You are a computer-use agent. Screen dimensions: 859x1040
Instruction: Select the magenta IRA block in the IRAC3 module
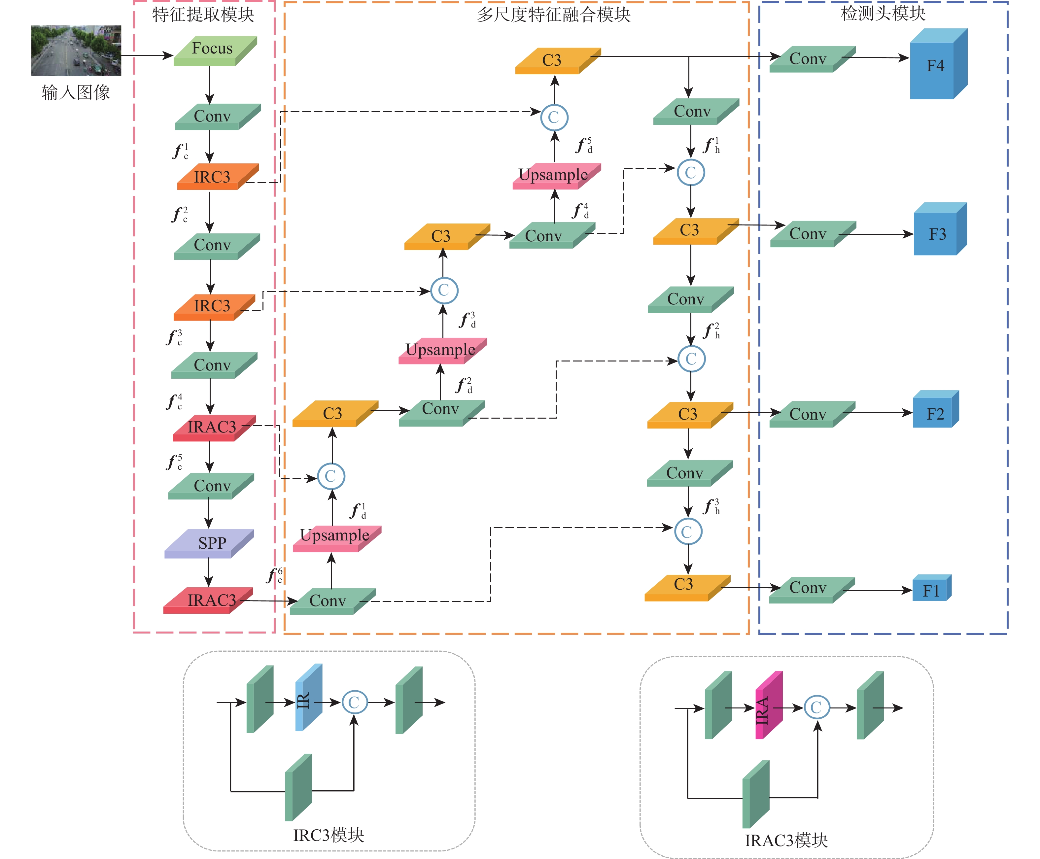(768, 706)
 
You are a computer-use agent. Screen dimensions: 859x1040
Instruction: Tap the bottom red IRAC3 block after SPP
(209, 600)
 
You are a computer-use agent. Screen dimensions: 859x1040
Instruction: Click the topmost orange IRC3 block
(217, 177)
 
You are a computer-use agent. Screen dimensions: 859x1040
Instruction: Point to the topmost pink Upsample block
(555, 176)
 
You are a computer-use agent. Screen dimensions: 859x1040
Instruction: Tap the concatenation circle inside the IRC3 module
(354, 702)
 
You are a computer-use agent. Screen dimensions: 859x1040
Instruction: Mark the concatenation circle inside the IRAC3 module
(816, 707)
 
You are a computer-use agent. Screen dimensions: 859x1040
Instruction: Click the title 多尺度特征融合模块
(553, 14)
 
